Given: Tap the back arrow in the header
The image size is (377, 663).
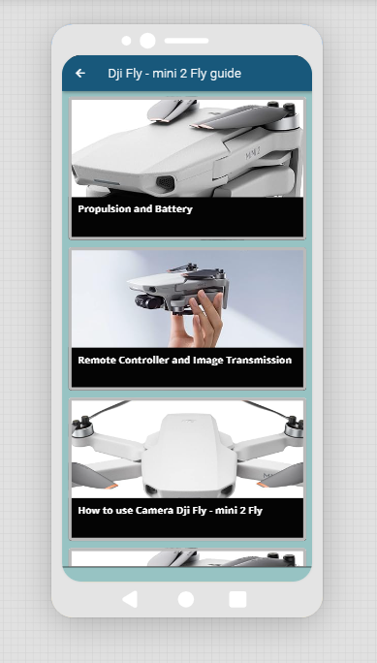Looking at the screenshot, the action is point(79,73).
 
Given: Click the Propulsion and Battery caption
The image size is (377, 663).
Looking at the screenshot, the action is point(136,208).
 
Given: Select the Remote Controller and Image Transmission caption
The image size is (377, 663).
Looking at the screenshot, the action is point(185,360).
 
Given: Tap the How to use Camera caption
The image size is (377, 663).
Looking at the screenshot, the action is point(170,511).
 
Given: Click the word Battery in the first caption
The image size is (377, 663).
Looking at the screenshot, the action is point(173,208).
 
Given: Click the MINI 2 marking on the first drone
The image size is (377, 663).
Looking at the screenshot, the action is point(253,155).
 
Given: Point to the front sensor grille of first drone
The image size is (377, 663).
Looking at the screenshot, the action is point(166,182).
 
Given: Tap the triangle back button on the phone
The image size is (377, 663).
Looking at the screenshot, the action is point(130,599).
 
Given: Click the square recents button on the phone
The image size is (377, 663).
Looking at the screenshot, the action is point(237,599).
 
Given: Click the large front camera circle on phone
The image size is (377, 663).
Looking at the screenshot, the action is point(147,41).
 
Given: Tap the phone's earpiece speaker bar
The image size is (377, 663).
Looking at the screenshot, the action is point(186,41).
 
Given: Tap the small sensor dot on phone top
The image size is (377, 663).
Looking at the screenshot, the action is point(126,41).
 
